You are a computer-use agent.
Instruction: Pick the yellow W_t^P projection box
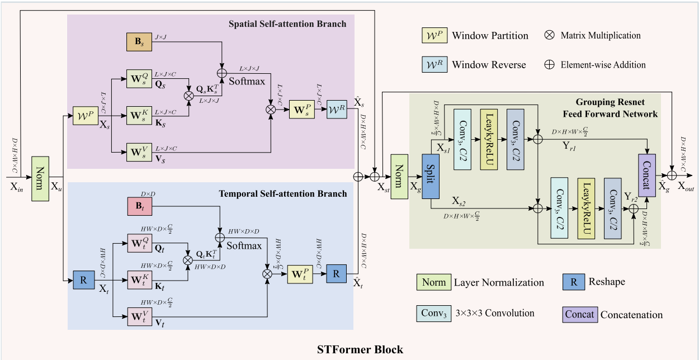301,274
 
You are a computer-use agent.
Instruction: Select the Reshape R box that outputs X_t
84,280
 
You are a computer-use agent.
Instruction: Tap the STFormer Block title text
360,350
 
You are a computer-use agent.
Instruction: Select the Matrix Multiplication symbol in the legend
549,35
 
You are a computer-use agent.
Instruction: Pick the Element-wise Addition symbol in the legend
549,64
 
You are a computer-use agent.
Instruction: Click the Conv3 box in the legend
433,314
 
